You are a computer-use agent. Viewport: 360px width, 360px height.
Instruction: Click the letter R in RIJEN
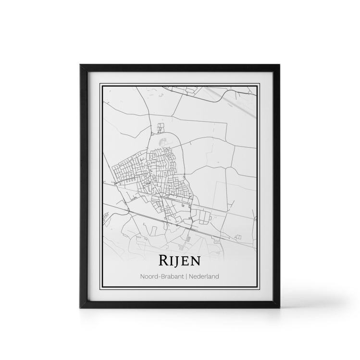(x=163, y=261)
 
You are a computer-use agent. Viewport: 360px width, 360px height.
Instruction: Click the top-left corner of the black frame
(x=79, y=65)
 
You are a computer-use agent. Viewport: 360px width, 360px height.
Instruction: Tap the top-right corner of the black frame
(x=280, y=65)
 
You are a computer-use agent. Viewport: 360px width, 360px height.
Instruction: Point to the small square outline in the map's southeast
(x=238, y=236)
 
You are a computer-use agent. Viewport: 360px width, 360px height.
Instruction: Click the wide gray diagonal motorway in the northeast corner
(x=240, y=103)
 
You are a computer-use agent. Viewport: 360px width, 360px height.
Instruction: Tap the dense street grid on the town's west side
(x=127, y=171)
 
